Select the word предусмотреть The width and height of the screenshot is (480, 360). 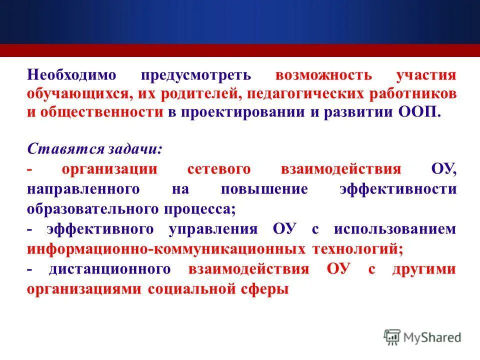(195, 75)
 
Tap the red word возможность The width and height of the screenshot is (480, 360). (323, 75)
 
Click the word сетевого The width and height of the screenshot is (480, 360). (218, 169)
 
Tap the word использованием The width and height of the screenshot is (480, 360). (395, 229)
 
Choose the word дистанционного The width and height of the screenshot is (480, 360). (110, 269)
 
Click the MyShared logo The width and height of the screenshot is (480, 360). (422, 337)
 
